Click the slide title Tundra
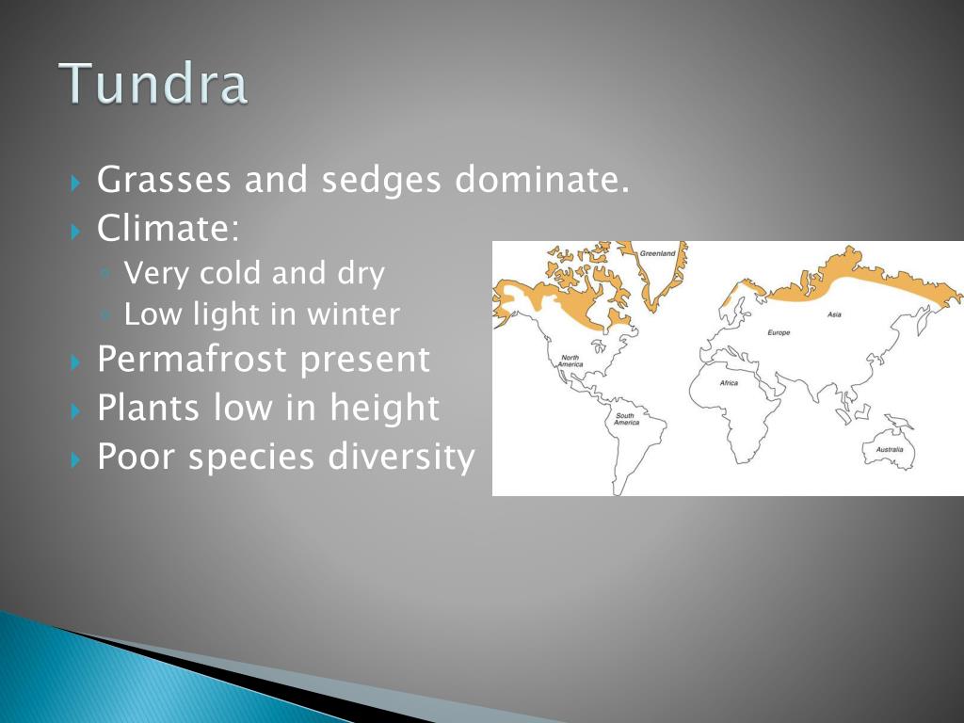(x=153, y=83)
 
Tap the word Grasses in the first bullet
(x=164, y=180)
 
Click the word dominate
(x=542, y=179)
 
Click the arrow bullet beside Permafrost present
(x=75, y=361)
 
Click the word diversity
(x=401, y=457)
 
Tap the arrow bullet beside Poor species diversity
(x=75, y=458)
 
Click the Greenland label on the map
(x=657, y=253)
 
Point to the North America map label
(x=570, y=361)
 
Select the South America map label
(x=626, y=419)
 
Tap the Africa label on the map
(x=729, y=383)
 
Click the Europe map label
(x=779, y=332)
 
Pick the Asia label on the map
(x=834, y=314)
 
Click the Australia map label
(x=890, y=449)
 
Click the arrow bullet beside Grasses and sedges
(x=75, y=183)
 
